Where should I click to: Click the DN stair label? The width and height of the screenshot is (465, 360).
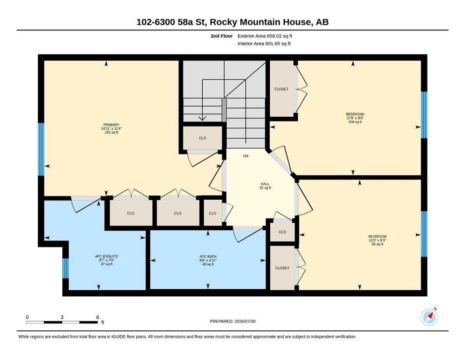[245, 156]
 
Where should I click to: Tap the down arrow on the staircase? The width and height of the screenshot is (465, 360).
[202, 99]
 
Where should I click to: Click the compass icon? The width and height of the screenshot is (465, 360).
[429, 317]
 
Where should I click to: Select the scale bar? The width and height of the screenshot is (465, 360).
[62, 322]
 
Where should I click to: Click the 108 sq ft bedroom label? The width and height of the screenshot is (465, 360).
[354, 118]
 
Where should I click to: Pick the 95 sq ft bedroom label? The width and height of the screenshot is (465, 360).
[377, 240]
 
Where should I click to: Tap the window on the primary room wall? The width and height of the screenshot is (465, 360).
[41, 149]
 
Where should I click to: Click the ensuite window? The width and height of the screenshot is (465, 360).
[65, 268]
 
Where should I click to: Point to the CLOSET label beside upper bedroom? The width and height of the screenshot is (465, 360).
[281, 89]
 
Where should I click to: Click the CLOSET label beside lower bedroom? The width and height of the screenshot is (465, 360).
[282, 268]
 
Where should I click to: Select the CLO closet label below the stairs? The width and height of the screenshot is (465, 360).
[203, 138]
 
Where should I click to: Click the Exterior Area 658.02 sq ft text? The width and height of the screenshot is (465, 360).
[265, 36]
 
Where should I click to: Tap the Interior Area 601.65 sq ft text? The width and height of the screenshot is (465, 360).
[264, 44]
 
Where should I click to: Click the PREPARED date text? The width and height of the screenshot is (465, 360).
[232, 321]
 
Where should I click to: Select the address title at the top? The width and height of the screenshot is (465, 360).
[232, 22]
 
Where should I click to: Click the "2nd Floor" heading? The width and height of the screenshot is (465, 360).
[221, 36]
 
